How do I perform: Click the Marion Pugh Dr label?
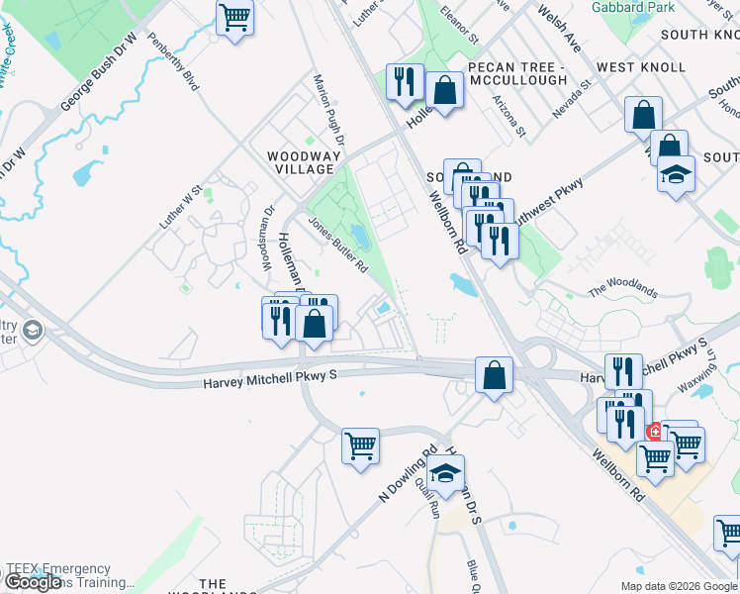[x=327, y=108]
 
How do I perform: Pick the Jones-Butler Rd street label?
[x=338, y=246]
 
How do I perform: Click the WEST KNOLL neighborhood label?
[x=641, y=67]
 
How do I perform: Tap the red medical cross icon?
[x=654, y=433]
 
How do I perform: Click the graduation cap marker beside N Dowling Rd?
[x=445, y=473]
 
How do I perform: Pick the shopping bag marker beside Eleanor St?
[x=445, y=90]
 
